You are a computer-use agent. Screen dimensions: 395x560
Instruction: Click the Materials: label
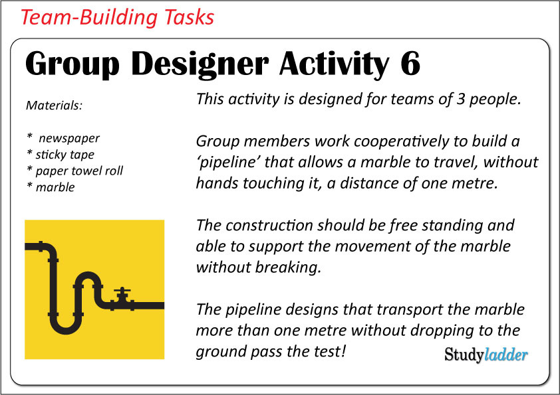coord(53,105)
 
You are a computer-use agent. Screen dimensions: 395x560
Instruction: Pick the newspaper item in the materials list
coord(69,138)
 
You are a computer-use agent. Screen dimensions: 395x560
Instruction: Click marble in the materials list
coord(55,187)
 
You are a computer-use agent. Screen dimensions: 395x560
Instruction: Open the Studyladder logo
coord(486,355)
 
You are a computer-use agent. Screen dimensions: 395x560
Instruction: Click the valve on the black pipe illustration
coord(122,296)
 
